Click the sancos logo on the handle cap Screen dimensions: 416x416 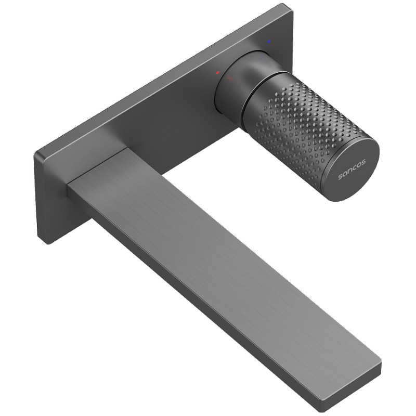[352, 170]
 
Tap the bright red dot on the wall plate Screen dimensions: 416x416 [217, 72]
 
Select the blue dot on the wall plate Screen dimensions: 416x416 [269, 42]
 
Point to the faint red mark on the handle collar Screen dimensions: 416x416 [230, 79]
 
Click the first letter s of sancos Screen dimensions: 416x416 [340, 177]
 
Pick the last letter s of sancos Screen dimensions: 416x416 [363, 162]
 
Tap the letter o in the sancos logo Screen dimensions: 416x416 [359, 164]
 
